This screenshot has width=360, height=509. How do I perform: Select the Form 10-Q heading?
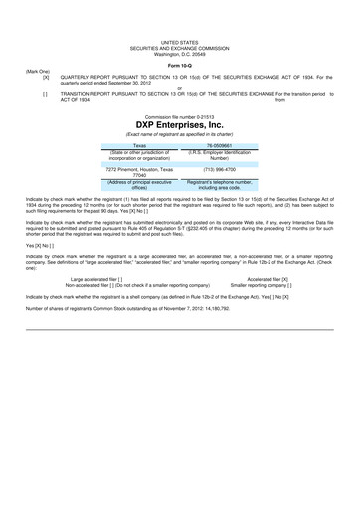(179, 66)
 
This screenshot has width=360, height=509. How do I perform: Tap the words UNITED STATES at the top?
(179, 33)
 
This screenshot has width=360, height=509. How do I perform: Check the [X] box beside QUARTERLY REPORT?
(45, 79)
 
